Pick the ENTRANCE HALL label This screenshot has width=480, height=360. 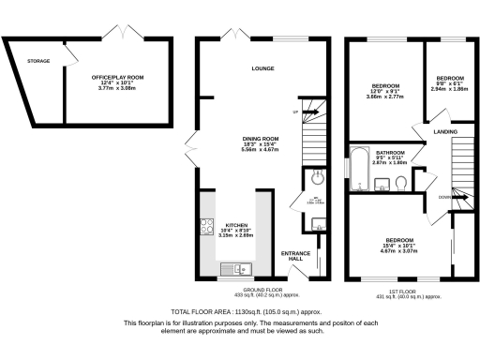pos(296,256)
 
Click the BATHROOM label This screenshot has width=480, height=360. pos(390,152)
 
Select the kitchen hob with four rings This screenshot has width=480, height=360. pos(206,226)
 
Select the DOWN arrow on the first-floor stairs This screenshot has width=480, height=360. pos(443,197)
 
